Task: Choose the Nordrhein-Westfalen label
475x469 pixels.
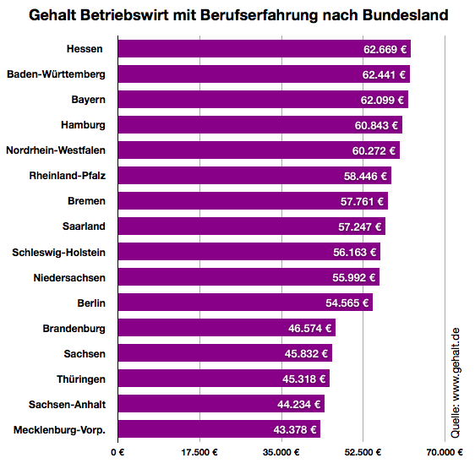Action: pos(56,150)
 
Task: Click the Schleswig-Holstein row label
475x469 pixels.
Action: pos(59,252)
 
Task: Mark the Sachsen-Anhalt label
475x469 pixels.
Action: pos(67,404)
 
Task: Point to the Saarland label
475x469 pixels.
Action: pos(84,226)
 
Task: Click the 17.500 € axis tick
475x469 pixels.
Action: pos(199,453)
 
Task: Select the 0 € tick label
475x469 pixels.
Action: pos(117,453)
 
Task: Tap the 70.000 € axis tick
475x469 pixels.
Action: pos(445,453)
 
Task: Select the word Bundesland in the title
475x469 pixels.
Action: pos(401,15)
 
